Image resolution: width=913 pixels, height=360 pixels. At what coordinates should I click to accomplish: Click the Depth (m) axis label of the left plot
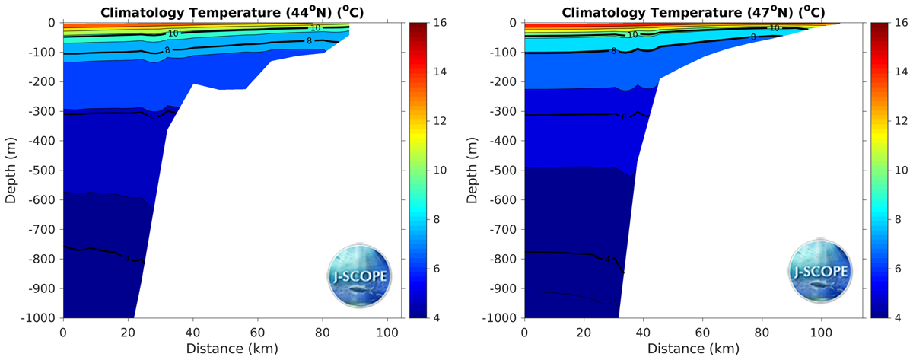[11, 169]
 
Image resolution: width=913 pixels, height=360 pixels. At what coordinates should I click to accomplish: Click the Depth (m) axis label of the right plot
[472, 169]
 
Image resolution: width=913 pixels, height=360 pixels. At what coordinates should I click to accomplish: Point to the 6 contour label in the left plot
[152, 116]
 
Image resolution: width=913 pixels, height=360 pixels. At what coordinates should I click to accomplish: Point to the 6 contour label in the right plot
[624, 117]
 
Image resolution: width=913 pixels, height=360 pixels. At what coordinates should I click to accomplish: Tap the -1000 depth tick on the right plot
[501, 317]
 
